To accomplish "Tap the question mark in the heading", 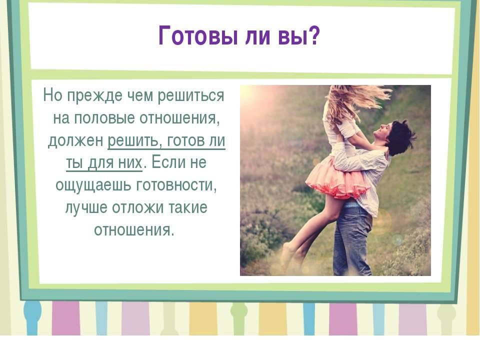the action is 313,35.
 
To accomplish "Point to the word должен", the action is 76,141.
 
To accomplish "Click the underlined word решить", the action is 134,141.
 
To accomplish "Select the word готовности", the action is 176,184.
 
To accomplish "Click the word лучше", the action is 86,207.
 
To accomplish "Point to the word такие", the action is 188,207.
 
